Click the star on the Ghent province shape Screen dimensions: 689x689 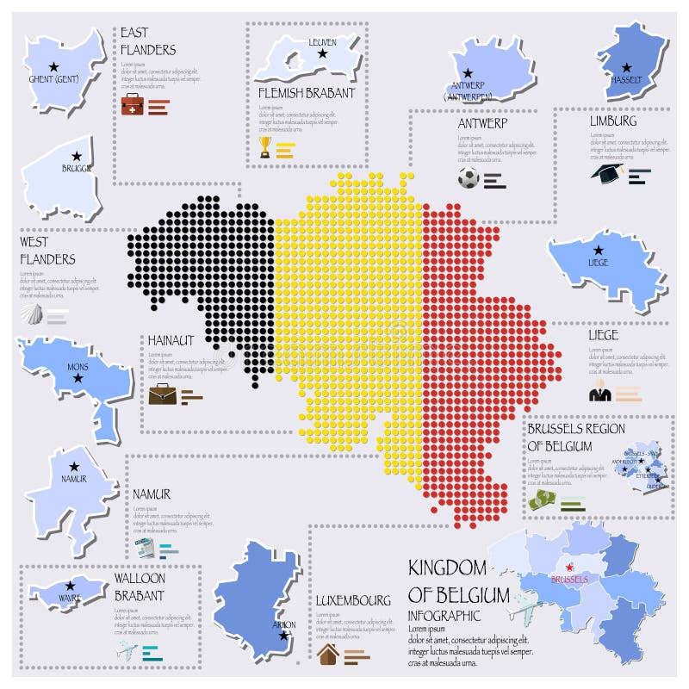coord(53,66)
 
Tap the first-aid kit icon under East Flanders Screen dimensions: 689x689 coord(132,106)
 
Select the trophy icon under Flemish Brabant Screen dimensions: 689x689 coord(265,147)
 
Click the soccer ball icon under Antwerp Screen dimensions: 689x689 coord(468,178)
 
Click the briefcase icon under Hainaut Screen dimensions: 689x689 coord(161,394)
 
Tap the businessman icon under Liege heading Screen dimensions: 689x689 coord(599,393)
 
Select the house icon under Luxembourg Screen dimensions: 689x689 coord(328,655)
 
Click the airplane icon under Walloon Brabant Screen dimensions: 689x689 coord(126,650)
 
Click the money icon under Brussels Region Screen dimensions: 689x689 coord(540,500)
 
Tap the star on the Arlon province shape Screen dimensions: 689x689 coord(284,636)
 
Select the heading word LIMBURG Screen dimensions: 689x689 coord(613,121)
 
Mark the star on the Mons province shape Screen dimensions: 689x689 coord(78,377)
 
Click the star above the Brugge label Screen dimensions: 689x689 coord(77,156)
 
